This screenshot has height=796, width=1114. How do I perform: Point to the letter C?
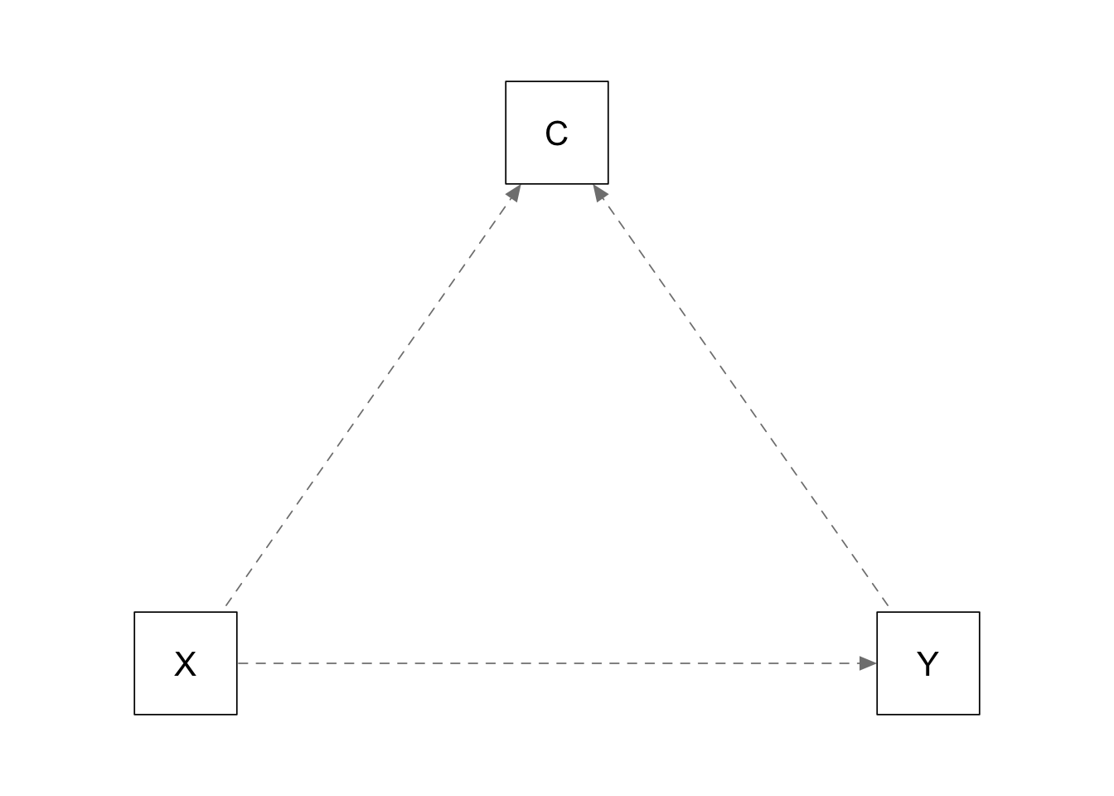coord(556,133)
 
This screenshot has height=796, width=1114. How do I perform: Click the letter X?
coord(185,664)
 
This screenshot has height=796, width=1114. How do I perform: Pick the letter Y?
coord(928,664)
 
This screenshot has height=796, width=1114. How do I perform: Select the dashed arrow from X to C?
coord(374,395)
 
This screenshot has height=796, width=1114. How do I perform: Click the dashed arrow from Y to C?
coord(740,395)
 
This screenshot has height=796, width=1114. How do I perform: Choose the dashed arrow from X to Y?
coord(557,663)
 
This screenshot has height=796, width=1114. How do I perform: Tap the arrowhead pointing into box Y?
coord(868,663)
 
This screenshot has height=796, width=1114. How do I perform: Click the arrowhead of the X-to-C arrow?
coord(515,192)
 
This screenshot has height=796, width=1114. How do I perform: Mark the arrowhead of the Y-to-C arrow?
coord(599,192)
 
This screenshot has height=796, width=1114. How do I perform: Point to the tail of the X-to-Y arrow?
coord(238,663)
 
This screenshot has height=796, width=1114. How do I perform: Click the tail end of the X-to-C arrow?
coord(225,605)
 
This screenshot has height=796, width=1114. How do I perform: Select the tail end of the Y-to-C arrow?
coord(888,605)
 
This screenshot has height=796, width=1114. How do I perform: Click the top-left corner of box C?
coord(506,81)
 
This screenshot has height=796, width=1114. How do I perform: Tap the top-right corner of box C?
coord(608,81)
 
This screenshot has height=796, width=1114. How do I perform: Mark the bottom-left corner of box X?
coord(134,715)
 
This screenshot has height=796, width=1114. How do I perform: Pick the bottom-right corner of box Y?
coord(980,715)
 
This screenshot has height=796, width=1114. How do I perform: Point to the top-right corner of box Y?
coord(980,612)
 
